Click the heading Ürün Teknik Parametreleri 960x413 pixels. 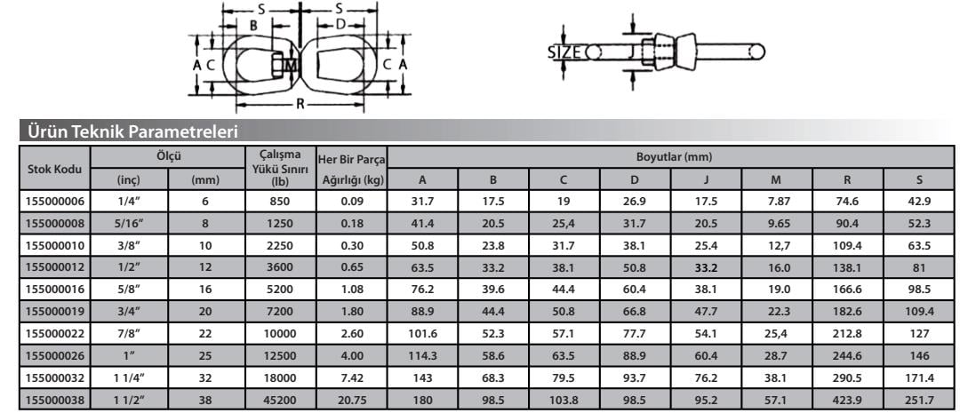click(x=129, y=131)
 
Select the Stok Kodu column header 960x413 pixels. click(x=54, y=167)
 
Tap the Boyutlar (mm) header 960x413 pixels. click(x=671, y=157)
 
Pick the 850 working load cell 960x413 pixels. click(x=280, y=201)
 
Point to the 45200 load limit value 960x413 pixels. click(x=280, y=401)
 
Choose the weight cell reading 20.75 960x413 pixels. click(x=351, y=401)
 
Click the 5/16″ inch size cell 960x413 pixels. click(x=129, y=223)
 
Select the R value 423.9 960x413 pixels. click(x=848, y=401)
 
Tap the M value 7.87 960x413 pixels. click(x=777, y=201)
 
